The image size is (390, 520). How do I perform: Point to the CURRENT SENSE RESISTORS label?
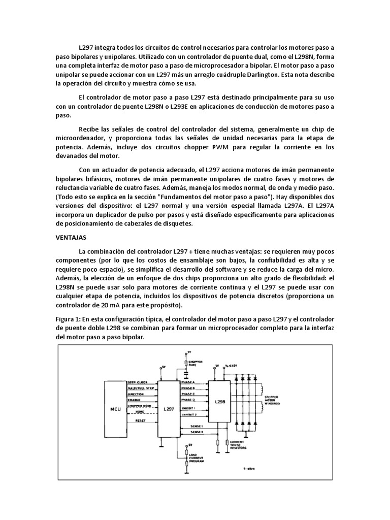click(239, 445)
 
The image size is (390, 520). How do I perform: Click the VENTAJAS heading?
click(71, 237)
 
